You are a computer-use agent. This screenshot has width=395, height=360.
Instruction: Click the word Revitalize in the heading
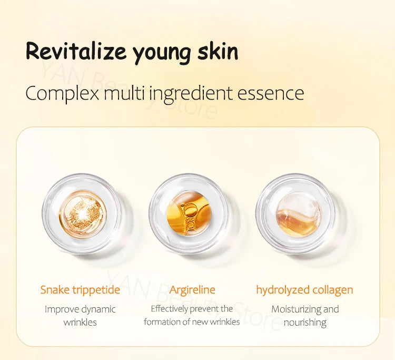[76, 52]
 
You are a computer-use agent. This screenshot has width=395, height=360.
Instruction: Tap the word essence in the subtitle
[271, 94]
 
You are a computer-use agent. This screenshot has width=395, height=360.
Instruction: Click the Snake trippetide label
[80, 290]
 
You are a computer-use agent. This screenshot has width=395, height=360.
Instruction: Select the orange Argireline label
[192, 290]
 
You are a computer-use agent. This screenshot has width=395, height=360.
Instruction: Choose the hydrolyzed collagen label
[304, 290]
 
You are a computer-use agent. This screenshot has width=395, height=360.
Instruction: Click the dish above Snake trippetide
[82, 214]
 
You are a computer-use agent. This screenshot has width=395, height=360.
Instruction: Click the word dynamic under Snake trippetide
[98, 309]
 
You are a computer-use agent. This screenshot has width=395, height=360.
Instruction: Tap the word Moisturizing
[296, 309]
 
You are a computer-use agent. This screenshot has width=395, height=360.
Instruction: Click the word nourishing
[305, 322]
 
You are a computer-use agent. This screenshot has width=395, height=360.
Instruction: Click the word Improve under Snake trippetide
[61, 309]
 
